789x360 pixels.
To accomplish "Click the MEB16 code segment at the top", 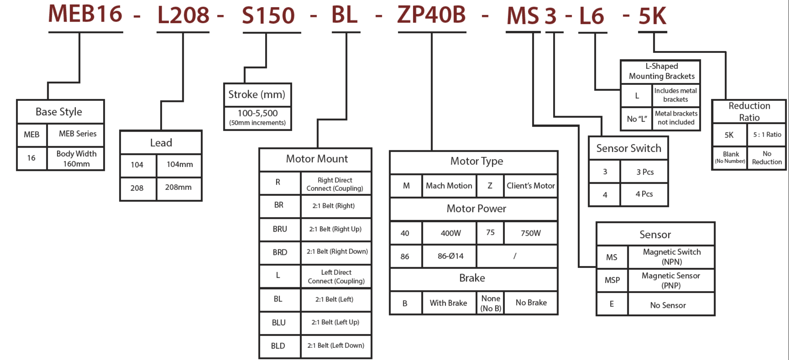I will (85, 14).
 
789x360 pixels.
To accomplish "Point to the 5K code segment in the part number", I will (652, 16).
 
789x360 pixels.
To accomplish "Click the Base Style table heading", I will (59, 112).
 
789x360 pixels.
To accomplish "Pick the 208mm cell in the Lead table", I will (178, 188).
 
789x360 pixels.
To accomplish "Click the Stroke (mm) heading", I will (257, 94).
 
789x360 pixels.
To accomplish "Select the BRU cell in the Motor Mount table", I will (280, 229).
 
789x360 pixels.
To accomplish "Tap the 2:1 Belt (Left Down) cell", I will (336, 346).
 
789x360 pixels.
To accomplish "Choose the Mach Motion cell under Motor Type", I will (449, 186).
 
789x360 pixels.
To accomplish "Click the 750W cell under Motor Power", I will (530, 233).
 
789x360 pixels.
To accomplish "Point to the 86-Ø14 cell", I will (450, 256).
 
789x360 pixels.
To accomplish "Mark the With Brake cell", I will (449, 303).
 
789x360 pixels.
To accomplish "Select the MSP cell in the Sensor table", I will (612, 280).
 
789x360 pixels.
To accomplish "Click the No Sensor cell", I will (668, 305).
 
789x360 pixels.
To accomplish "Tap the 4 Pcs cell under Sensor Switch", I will (644, 194).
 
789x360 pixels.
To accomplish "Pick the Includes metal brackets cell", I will (676, 95).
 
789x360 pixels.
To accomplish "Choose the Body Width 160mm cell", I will (76, 159).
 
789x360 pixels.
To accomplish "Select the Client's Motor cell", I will (530, 186).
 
